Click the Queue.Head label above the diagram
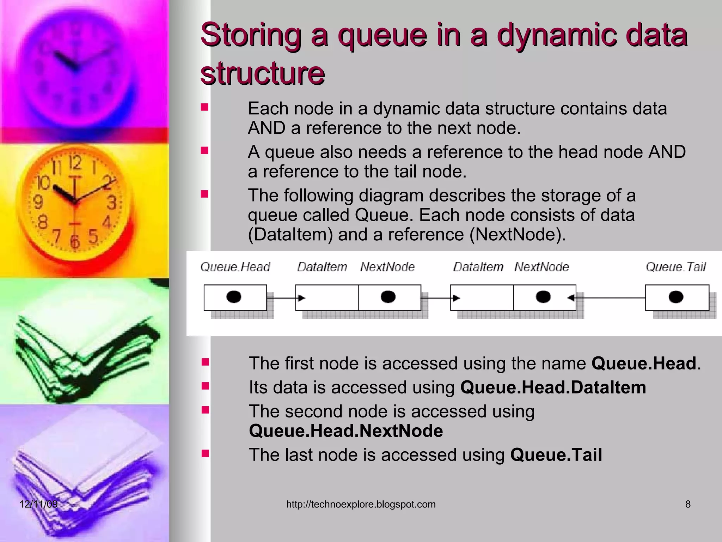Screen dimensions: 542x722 tap(235, 267)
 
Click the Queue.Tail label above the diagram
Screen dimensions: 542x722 tap(675, 267)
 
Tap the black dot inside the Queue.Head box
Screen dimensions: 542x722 tap(234, 297)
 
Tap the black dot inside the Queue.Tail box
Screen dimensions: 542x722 tap(676, 297)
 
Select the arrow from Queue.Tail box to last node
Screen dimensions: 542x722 tap(610, 298)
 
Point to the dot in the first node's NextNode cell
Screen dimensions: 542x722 tap(388, 297)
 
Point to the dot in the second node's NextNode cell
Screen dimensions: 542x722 tap(543, 297)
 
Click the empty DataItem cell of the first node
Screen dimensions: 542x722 tap(327, 298)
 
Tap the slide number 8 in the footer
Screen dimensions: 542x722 tap(688, 504)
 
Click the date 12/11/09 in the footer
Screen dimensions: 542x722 tap(38, 504)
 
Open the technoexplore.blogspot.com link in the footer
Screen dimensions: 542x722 tap(361, 504)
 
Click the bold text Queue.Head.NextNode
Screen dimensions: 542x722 tap(346, 431)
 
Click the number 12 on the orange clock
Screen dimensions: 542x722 tap(75, 163)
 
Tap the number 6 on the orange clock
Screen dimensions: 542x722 tap(75, 241)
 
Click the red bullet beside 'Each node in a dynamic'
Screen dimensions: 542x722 tap(204, 107)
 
